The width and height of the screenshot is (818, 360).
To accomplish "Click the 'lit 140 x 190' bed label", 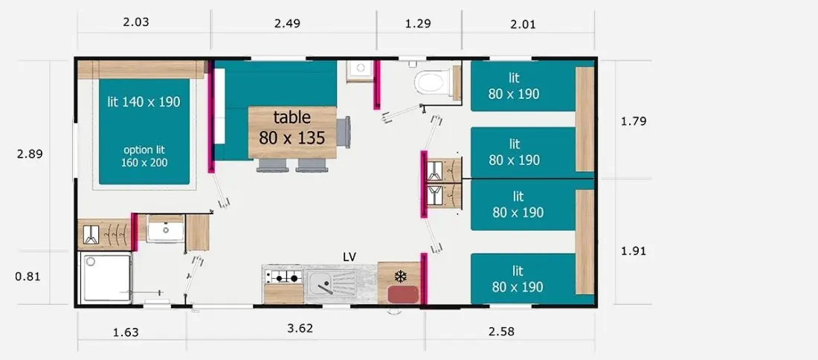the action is (x=144, y=102).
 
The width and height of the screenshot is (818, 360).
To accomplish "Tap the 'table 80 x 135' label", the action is (x=292, y=127).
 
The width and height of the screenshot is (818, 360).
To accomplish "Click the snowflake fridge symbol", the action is (x=400, y=275).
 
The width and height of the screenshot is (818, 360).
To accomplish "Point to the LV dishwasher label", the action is (x=350, y=256).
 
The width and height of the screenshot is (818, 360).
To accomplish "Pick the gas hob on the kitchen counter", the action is (x=284, y=277).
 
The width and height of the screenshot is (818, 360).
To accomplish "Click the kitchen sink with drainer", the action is (x=331, y=283).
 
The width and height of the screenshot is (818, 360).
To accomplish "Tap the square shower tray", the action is (x=107, y=277).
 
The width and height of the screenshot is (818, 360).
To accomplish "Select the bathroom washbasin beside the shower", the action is (x=165, y=229).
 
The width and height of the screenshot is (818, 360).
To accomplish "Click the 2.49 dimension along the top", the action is (x=288, y=24).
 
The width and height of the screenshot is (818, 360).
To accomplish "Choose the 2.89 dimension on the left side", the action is (x=30, y=155).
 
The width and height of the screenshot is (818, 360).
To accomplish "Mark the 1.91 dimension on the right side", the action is (x=634, y=251).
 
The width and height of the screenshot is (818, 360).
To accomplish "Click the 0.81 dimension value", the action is (x=28, y=277).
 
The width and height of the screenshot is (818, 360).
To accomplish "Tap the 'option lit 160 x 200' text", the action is (x=144, y=156).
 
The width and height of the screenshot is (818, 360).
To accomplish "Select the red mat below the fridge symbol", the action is (x=403, y=294).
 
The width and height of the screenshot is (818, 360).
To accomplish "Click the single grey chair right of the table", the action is (x=344, y=132).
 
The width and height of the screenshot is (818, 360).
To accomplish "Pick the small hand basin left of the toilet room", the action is (x=359, y=71).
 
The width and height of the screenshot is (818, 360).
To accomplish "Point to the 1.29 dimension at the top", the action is (x=419, y=24).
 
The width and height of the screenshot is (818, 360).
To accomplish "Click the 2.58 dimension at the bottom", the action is (x=501, y=331).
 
